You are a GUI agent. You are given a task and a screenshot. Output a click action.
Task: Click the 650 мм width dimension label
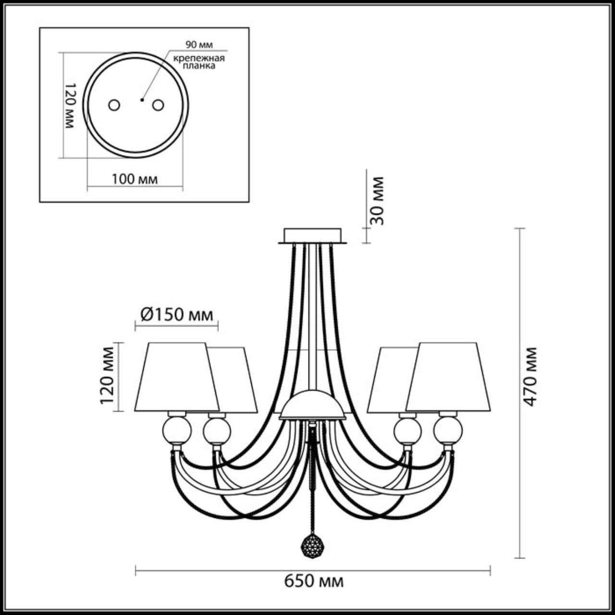coord(314,581)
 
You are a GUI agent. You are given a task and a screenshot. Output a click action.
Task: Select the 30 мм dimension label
coord(378,201)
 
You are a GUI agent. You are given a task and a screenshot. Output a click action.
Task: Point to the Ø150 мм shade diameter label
coord(176,315)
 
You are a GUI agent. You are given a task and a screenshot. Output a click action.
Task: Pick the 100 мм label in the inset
coord(135,179)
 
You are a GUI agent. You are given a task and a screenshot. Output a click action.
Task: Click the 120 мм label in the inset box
coord(70,105)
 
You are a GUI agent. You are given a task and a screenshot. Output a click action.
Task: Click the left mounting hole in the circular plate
coord(114,105)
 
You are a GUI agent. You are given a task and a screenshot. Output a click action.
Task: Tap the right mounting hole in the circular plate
coord(158,104)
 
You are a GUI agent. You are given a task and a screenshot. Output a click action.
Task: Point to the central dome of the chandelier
coord(312,406)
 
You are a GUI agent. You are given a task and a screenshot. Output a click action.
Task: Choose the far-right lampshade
coord(449,377)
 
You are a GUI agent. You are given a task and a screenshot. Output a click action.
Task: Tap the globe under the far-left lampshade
coord(176,430)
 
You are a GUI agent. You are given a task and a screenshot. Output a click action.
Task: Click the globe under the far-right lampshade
coord(447,430)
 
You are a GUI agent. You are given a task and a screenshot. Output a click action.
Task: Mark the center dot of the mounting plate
coord(141,100)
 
